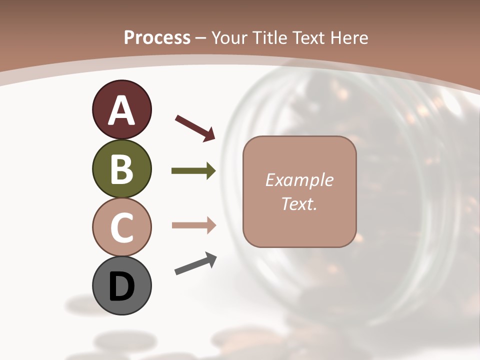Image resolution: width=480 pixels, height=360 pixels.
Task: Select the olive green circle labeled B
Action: coord(121,169)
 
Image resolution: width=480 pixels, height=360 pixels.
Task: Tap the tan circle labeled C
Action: coord(121,227)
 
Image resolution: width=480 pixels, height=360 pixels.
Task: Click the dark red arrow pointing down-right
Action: coord(195,127)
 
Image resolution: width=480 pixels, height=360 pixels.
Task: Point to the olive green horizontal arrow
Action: coord(193,171)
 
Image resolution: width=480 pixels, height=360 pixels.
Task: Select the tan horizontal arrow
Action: coord(193,225)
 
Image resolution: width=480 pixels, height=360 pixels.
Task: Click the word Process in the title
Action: coord(157,37)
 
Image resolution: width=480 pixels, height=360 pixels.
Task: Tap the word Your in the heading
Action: coord(229,37)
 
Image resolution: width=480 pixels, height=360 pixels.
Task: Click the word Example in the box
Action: coord(299,180)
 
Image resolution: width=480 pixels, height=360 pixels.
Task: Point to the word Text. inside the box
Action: coord(299,203)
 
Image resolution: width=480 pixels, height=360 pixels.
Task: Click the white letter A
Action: coord(121,111)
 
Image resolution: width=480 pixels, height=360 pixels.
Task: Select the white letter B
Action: coord(121,169)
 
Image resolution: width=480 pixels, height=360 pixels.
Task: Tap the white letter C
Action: coord(121,227)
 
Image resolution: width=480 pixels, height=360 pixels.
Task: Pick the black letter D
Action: coord(121,287)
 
